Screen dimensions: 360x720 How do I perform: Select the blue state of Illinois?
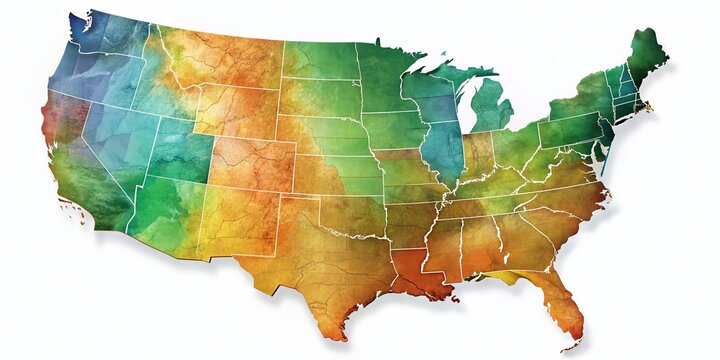click(441, 150)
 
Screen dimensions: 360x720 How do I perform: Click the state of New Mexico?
click(240, 225)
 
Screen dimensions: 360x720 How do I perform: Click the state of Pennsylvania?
click(570, 130)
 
